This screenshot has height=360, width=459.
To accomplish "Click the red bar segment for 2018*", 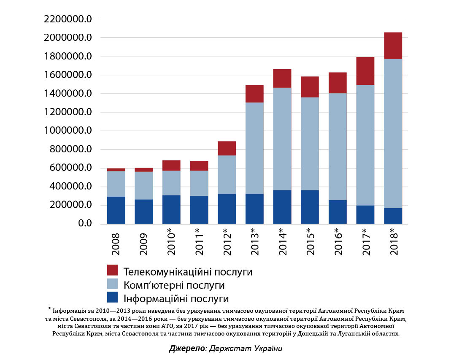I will pyautogui.click(x=393, y=45).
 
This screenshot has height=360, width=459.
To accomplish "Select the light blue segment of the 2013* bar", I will pyautogui.click(x=254, y=148).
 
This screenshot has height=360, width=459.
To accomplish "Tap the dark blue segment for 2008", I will pyautogui.click(x=116, y=210).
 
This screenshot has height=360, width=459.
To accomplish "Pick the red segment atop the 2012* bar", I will pyautogui.click(x=227, y=148).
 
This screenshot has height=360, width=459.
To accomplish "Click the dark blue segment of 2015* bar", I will pyautogui.click(x=310, y=206).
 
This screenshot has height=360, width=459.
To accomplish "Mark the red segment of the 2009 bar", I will pyautogui.click(x=144, y=170).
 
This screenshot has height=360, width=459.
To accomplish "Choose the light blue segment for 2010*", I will pyautogui.click(x=171, y=183).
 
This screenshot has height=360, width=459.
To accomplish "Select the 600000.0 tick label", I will pyautogui.click(x=67, y=168).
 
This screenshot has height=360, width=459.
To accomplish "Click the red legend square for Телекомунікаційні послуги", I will pyautogui.click(x=113, y=270).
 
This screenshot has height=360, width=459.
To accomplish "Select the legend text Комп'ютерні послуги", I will pyautogui.click(x=174, y=285).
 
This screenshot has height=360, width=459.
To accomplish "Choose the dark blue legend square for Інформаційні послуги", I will pyautogui.click(x=113, y=298).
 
